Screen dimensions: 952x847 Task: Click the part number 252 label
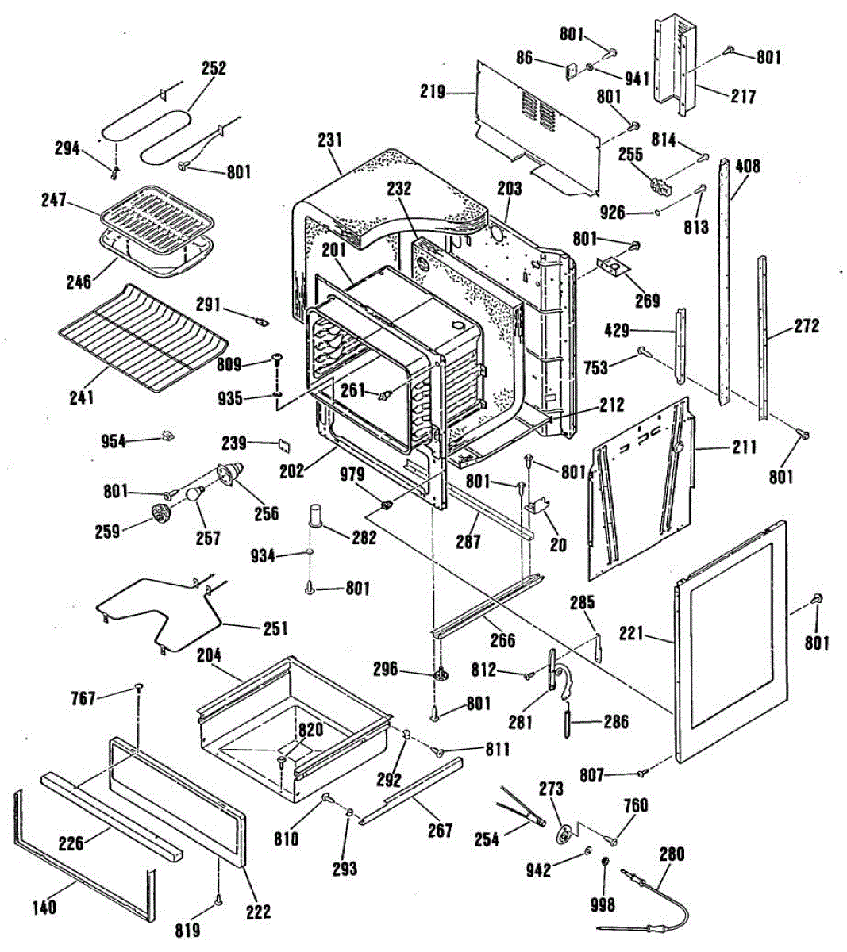(x=214, y=68)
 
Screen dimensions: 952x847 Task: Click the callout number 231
(x=329, y=140)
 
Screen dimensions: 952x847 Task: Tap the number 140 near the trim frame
(x=44, y=906)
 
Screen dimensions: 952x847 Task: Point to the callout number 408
(x=747, y=167)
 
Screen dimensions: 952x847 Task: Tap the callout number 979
(x=352, y=475)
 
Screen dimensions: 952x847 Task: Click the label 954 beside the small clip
(x=114, y=441)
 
